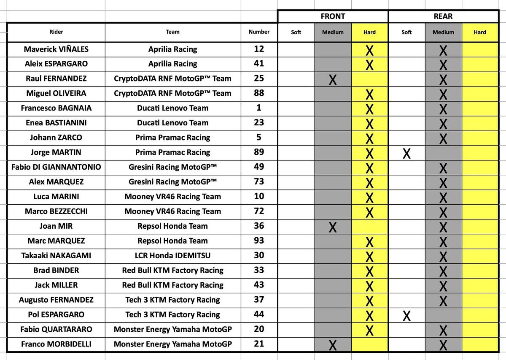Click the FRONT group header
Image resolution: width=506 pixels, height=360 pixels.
tap(333, 16)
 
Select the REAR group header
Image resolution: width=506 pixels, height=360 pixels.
tap(443, 16)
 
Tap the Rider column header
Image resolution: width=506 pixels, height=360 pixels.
tap(56, 32)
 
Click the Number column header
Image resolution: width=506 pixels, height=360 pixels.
tap(259, 32)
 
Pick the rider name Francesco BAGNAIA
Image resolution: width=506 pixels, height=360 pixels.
tap(56, 108)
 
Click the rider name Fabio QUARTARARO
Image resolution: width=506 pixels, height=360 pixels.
tap(56, 329)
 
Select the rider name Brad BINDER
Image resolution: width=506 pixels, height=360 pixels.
tap(56, 270)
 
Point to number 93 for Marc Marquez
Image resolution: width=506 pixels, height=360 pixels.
tap(259, 241)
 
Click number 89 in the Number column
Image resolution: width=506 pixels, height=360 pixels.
tap(259, 152)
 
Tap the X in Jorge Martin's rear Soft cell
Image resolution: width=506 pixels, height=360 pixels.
tap(406, 153)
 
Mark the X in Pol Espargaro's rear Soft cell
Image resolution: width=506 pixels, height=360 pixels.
tap(406, 316)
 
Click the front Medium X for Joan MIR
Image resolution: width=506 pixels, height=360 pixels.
tap(333, 227)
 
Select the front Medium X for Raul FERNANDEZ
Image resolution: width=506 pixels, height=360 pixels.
tap(333, 80)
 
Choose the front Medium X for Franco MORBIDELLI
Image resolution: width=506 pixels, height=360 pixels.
tap(333, 346)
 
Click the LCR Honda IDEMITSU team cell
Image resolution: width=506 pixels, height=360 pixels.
tap(172, 255)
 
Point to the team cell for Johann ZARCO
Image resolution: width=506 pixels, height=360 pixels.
tap(172, 138)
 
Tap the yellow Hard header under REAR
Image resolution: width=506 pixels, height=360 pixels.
tap(480, 32)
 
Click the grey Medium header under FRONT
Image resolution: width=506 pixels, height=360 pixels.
tap(333, 32)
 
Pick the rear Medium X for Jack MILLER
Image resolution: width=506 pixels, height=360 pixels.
tap(443, 287)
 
